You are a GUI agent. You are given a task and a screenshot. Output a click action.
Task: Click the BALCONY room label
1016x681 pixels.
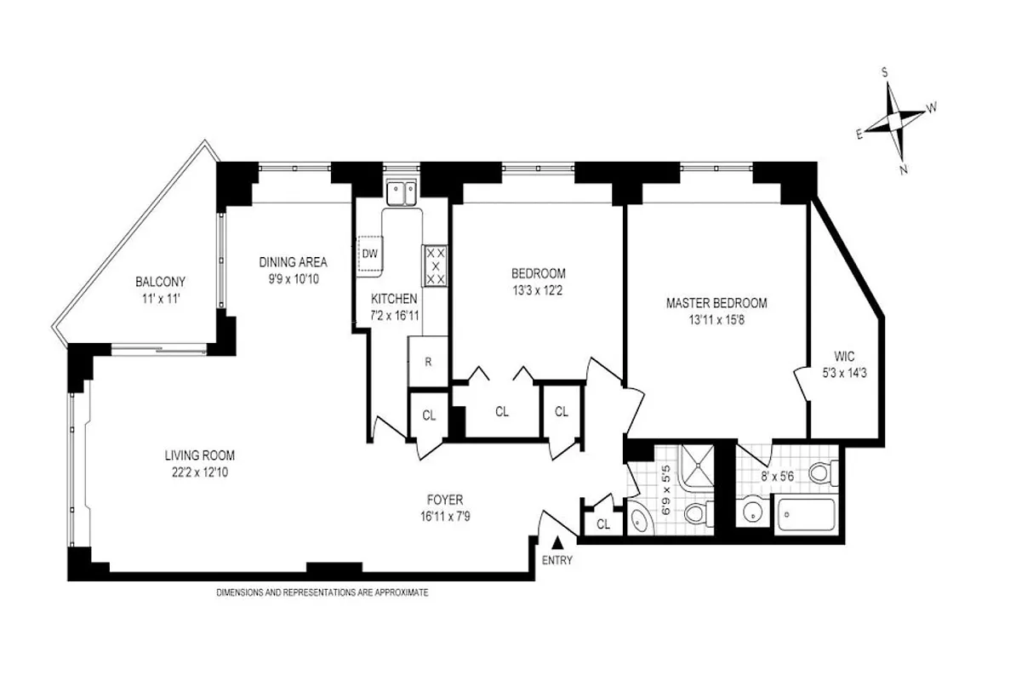[160, 282]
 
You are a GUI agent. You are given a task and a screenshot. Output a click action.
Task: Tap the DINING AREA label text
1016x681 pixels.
[293, 262]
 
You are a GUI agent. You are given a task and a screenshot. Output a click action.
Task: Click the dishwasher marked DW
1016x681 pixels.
[370, 254]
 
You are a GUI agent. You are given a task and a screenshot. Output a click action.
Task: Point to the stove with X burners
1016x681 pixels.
[436, 265]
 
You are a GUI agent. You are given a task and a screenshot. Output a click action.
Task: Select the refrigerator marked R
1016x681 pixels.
[429, 361]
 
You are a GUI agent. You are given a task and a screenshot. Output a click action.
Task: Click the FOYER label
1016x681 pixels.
[445, 500]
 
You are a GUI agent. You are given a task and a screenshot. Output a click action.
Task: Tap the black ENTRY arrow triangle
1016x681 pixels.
[557, 541]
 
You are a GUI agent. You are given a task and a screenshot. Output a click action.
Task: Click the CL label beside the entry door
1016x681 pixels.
[602, 524]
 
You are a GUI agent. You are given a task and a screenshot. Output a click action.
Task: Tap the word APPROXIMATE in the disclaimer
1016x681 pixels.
[398, 592]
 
